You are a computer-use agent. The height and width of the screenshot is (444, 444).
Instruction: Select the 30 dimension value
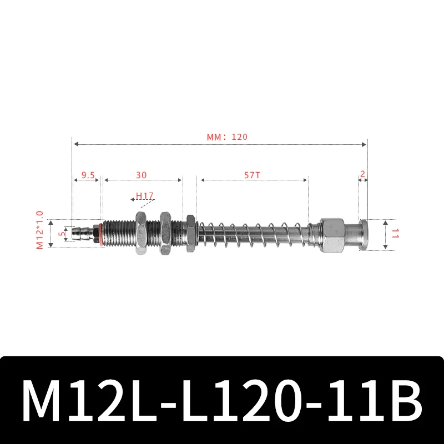tap(142, 174)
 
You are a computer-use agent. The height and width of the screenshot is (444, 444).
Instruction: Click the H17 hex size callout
tap(144, 196)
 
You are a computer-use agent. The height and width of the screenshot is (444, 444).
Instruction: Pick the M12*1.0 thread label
tap(39, 229)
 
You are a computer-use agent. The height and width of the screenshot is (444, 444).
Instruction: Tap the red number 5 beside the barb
tap(62, 234)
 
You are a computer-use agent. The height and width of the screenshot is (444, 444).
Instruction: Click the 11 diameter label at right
tap(396, 234)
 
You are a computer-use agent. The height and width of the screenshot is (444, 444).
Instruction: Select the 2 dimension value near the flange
tap(362, 174)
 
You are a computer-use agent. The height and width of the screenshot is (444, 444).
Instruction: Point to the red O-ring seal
tap(100, 233)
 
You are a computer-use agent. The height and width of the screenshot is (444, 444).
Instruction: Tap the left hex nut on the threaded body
tap(139, 233)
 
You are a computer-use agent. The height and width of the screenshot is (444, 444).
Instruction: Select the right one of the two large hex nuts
tap(165, 233)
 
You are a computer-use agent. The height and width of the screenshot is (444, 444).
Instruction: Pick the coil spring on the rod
tap(253, 234)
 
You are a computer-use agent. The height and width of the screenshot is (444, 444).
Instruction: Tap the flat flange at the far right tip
tap(364, 234)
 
